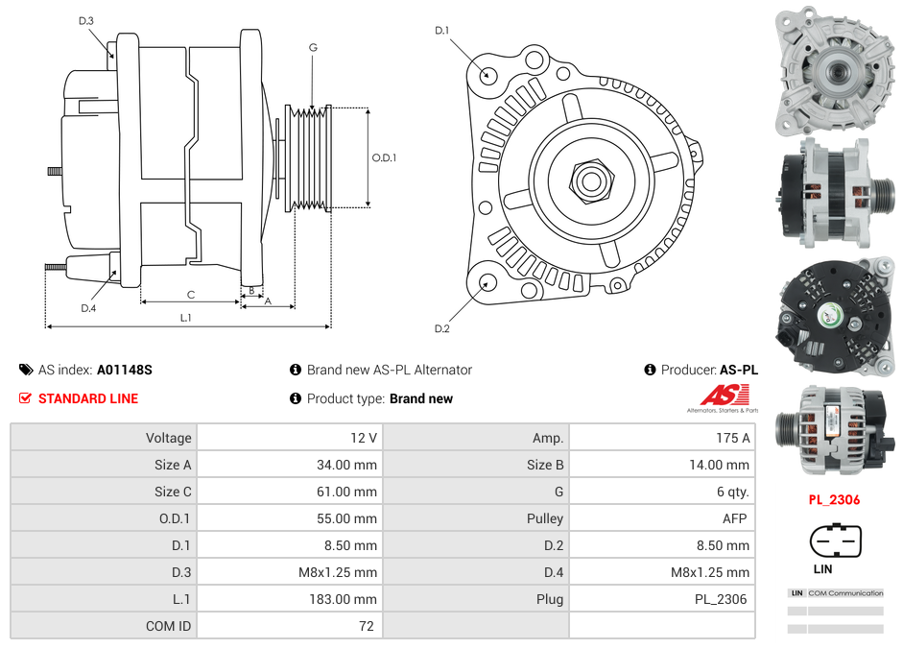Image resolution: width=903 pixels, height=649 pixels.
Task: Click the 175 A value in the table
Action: pyautogui.click(x=732, y=438)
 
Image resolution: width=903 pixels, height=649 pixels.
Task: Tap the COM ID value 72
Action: pyautogui.click(x=368, y=626)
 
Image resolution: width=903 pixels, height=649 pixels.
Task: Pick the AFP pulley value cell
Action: pyautogui.click(x=733, y=518)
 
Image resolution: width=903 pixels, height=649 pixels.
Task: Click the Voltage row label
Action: pyautogui.click(x=168, y=438)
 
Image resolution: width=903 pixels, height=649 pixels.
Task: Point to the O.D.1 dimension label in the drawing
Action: pyautogui.click(x=384, y=158)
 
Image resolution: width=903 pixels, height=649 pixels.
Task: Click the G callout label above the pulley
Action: pyautogui.click(x=313, y=47)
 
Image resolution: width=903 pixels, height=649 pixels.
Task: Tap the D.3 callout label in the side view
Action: pyautogui.click(x=86, y=20)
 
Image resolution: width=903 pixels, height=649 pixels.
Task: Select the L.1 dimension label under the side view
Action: pyautogui.click(x=186, y=317)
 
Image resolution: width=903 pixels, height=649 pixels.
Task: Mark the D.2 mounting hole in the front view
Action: pyautogui.click(x=487, y=282)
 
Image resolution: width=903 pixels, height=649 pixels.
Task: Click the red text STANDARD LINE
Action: pyautogui.click(x=87, y=398)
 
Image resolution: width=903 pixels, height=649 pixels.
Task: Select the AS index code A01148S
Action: pyautogui.click(x=125, y=370)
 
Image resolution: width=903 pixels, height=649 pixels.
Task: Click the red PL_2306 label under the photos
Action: pyautogui.click(x=833, y=499)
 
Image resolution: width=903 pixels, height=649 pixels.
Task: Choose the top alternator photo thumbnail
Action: pyautogui.click(x=833, y=69)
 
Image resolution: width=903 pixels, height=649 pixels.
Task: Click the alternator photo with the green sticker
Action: pyautogui.click(x=833, y=315)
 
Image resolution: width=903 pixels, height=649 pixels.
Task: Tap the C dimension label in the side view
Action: pyautogui.click(x=190, y=295)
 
